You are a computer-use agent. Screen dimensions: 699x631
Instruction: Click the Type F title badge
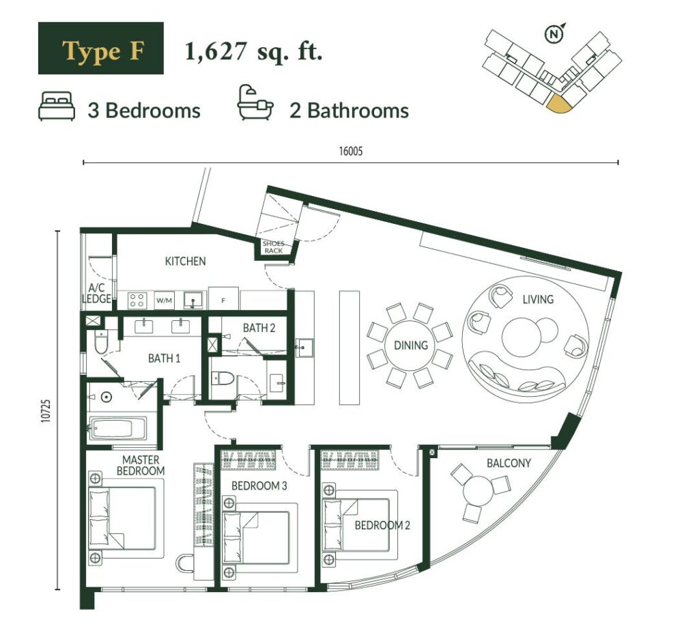coord(101,48)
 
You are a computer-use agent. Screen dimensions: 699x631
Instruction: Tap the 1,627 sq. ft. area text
coord(253,51)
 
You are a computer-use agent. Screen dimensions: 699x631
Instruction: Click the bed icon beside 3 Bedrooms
coord(57,106)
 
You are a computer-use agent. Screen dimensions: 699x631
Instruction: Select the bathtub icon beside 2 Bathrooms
coord(255,103)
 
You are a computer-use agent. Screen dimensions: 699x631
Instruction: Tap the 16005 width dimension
coord(351,151)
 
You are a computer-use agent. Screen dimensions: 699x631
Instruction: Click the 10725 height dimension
coord(46,410)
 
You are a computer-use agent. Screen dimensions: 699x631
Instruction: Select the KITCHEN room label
coord(186,261)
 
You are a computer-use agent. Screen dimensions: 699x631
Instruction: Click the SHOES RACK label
coord(273,247)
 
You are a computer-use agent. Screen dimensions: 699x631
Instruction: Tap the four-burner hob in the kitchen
coord(137,300)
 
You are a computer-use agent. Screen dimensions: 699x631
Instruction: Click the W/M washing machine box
coord(164,300)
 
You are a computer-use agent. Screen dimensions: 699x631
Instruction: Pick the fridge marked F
coord(223,299)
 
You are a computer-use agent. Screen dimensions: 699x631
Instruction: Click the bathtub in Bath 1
coord(117,429)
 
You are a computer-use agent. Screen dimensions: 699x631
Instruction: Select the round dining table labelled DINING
coord(410,345)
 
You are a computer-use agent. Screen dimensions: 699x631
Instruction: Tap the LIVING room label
coord(538,299)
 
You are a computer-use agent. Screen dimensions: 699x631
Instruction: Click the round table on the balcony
coord(477,490)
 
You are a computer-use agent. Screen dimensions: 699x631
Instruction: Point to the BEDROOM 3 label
coord(259,486)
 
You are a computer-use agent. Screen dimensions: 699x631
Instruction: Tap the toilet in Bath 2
coord(223,378)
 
